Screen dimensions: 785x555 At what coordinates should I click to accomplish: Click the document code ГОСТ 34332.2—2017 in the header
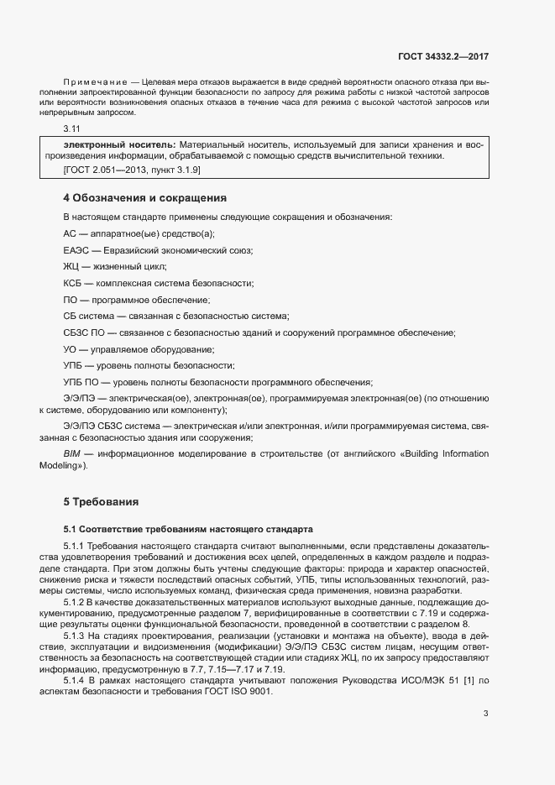tap(442, 57)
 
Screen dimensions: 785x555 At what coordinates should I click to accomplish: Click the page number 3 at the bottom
tap(485, 667)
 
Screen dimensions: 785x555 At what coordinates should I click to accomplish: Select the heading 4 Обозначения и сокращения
tap(145, 199)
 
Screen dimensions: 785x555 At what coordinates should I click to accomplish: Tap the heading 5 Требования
tap(101, 502)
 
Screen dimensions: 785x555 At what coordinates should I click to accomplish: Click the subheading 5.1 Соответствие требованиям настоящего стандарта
tap(187, 529)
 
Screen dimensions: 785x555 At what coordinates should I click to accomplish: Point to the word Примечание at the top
tap(90, 81)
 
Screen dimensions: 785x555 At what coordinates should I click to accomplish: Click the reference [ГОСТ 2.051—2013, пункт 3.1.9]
tap(132, 170)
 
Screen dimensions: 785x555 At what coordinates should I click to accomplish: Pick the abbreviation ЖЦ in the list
tap(71, 267)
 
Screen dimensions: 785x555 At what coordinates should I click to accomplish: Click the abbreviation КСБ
tap(73, 284)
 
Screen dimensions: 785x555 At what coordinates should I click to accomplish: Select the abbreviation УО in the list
tap(71, 349)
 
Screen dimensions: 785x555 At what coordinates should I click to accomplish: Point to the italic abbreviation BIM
tap(71, 454)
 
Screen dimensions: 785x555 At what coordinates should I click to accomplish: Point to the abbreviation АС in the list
tap(71, 234)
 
